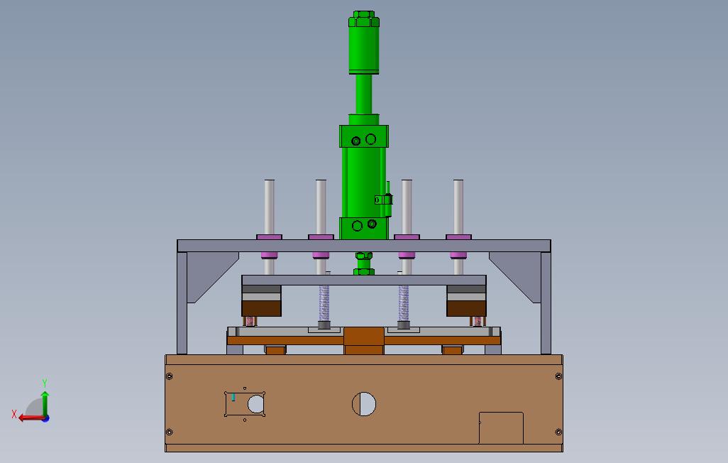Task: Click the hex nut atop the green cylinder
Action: click(363, 18)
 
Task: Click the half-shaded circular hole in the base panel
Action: click(364, 404)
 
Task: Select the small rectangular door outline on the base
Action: click(501, 427)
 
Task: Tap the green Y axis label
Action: click(45, 383)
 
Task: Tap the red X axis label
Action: click(14, 414)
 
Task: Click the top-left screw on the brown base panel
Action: click(169, 376)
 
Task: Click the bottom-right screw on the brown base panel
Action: click(558, 432)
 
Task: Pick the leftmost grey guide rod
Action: click(270, 207)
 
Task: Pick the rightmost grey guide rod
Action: click(458, 207)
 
